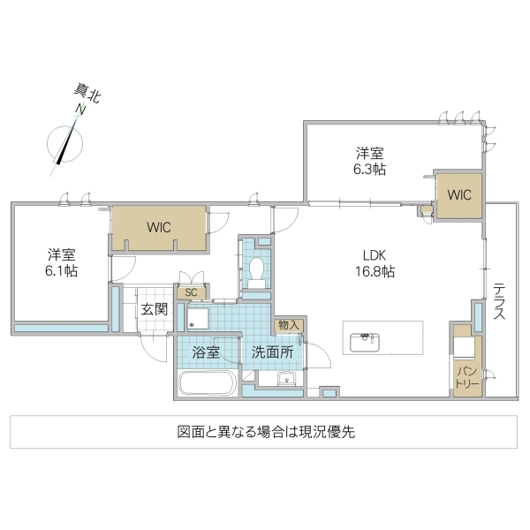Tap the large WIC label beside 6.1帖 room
[159, 227]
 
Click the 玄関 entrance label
[154, 309]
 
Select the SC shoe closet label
[191, 292]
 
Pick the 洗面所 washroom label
[272, 352]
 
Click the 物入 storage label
[288, 325]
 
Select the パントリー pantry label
[467, 376]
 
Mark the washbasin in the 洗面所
[286, 381]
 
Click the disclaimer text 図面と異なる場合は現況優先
[265, 433]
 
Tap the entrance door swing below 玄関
[155, 347]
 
